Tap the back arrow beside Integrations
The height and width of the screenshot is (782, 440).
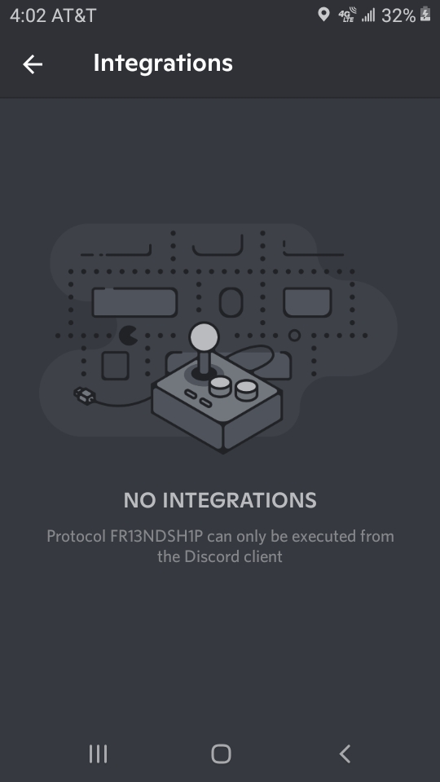(x=33, y=64)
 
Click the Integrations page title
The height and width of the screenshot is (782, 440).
(x=163, y=64)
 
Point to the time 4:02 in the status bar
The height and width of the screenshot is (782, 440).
(x=26, y=15)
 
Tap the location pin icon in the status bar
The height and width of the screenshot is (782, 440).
(x=323, y=15)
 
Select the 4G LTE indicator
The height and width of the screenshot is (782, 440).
(x=347, y=15)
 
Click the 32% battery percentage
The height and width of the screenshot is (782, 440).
(x=398, y=15)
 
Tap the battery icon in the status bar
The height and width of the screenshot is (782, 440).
(x=425, y=14)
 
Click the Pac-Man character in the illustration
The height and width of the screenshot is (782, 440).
(x=128, y=336)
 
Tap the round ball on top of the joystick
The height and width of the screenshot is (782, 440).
(x=204, y=336)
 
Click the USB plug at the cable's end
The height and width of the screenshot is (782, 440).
(x=84, y=396)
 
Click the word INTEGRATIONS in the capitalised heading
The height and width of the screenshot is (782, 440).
(x=240, y=500)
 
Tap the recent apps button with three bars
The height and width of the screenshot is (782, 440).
(x=99, y=753)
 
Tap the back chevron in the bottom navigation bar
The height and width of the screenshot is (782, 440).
(x=345, y=753)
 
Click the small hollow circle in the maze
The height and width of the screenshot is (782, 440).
(x=294, y=335)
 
